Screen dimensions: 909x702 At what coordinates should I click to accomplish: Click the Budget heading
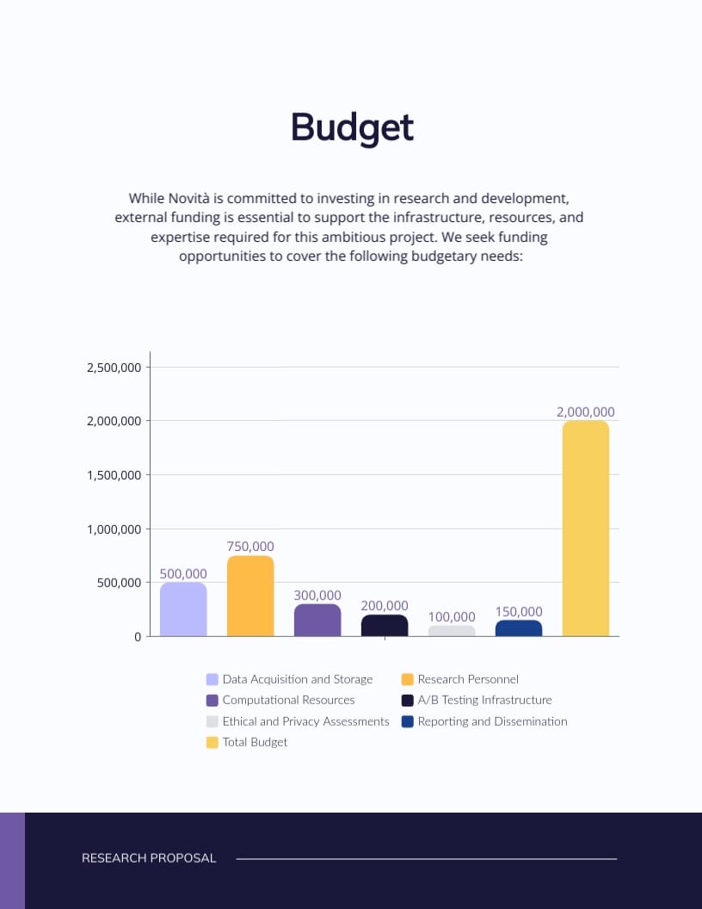tap(352, 127)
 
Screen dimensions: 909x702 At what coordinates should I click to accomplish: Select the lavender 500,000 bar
tap(183, 609)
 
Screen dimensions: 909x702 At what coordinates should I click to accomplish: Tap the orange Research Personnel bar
tap(250, 596)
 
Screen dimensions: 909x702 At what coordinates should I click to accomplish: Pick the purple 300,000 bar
tap(317, 620)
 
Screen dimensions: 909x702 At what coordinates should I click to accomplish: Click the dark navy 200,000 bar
tap(385, 626)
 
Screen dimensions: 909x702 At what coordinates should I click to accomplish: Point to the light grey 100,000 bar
tap(452, 631)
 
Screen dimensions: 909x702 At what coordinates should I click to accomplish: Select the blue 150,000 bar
tap(519, 628)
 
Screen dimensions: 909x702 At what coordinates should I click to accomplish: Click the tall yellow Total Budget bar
tap(586, 529)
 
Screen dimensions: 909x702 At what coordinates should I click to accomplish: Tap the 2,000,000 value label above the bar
tap(586, 412)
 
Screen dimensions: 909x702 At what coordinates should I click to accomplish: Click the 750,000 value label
tap(250, 547)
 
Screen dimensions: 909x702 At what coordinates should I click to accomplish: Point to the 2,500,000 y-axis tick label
tap(114, 368)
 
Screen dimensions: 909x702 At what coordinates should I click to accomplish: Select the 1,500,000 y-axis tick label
tap(114, 475)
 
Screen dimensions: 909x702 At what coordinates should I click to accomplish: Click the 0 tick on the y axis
tap(138, 637)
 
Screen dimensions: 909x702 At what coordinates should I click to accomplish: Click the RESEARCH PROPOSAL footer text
tap(149, 858)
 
